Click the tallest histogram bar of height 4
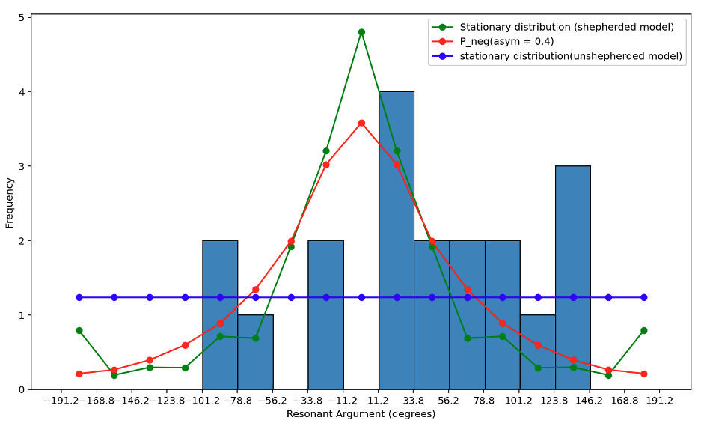coord(396,240)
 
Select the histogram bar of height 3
coord(572,277)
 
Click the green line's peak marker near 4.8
coord(361,32)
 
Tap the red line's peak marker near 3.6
coord(361,123)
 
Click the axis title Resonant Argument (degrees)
coord(361,414)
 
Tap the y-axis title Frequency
coord(10,202)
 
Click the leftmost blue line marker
coord(79,297)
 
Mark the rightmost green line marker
coord(643,330)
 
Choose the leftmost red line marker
coord(79,374)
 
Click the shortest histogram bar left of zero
coord(255,352)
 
